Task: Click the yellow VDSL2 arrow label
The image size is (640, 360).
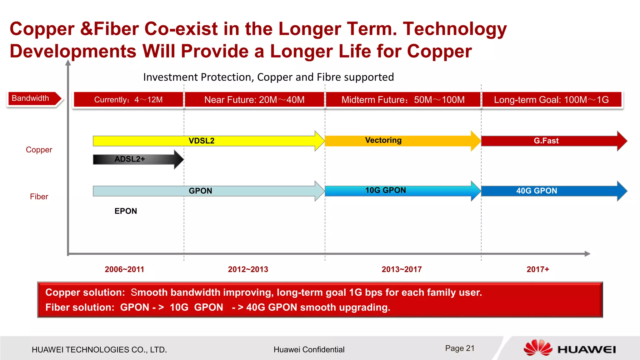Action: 202,141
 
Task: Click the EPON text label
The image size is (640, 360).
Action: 126,211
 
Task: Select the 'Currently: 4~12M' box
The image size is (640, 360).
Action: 128,100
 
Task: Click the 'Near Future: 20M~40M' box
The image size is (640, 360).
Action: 254,100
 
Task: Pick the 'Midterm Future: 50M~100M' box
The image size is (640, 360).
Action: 403,100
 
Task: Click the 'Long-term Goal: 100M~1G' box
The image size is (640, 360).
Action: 552,100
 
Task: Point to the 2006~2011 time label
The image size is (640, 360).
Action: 124,269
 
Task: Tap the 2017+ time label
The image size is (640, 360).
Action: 538,269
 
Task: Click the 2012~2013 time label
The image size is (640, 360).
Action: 248,269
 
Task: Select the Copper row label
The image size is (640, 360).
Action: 39,150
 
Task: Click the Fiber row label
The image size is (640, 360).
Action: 39,197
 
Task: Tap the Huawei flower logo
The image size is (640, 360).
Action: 537,348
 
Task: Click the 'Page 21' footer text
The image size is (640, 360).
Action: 460,348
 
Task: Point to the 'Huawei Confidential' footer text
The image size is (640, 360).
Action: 309,350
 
